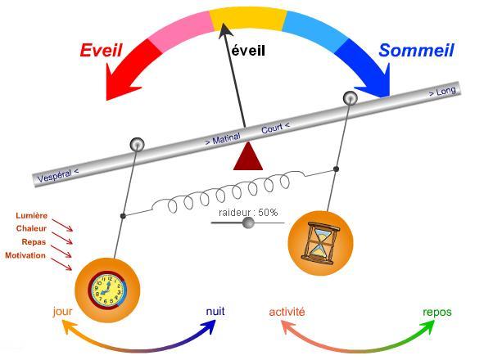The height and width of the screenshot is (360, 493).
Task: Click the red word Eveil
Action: point(101,51)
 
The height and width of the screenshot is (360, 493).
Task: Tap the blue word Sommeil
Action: point(416,51)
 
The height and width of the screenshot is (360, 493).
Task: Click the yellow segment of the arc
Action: point(246,18)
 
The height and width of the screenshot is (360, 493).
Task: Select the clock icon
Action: point(107,288)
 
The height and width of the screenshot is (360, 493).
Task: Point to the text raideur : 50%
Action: point(248,213)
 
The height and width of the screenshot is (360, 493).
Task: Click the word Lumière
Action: point(31,216)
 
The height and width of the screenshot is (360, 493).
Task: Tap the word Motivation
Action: point(25,256)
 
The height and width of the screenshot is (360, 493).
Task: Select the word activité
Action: point(287,312)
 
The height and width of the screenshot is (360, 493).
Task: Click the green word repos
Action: point(436,312)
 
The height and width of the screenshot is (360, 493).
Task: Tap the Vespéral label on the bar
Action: point(58,175)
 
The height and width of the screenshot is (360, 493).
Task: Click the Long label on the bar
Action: point(442,92)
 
